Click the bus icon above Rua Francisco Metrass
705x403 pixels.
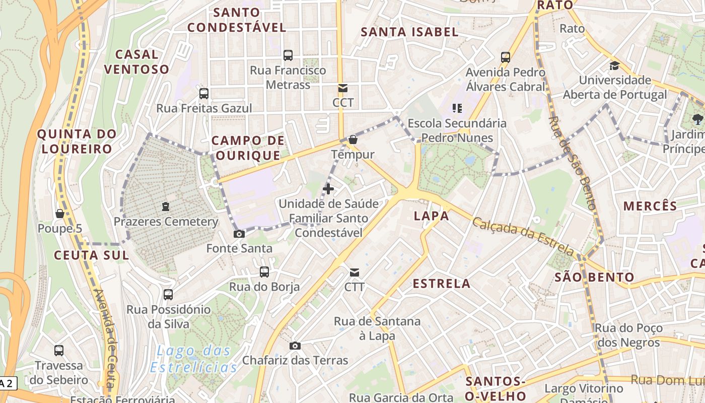click(x=288, y=55)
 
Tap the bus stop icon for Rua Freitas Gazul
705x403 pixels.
click(x=204, y=94)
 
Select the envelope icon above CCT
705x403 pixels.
click(x=343, y=89)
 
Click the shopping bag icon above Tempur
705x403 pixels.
click(x=353, y=140)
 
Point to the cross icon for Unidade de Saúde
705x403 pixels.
click(x=328, y=189)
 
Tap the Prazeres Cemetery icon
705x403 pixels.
click(x=165, y=207)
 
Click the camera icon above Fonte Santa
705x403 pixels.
click(x=239, y=234)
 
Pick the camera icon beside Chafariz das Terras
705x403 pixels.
click(x=295, y=346)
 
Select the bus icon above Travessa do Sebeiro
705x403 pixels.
click(x=59, y=351)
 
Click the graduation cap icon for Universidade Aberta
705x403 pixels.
click(x=614, y=65)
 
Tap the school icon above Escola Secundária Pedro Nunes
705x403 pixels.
click(x=457, y=108)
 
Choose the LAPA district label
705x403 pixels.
click(x=431, y=216)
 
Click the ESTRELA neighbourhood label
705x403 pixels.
click(x=442, y=284)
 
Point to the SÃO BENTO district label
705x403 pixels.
click(x=594, y=277)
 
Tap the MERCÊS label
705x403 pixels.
click(x=650, y=206)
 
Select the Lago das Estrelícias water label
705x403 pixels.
click(x=193, y=359)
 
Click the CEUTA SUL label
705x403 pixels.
click(x=91, y=255)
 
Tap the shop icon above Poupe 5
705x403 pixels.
click(x=60, y=214)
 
